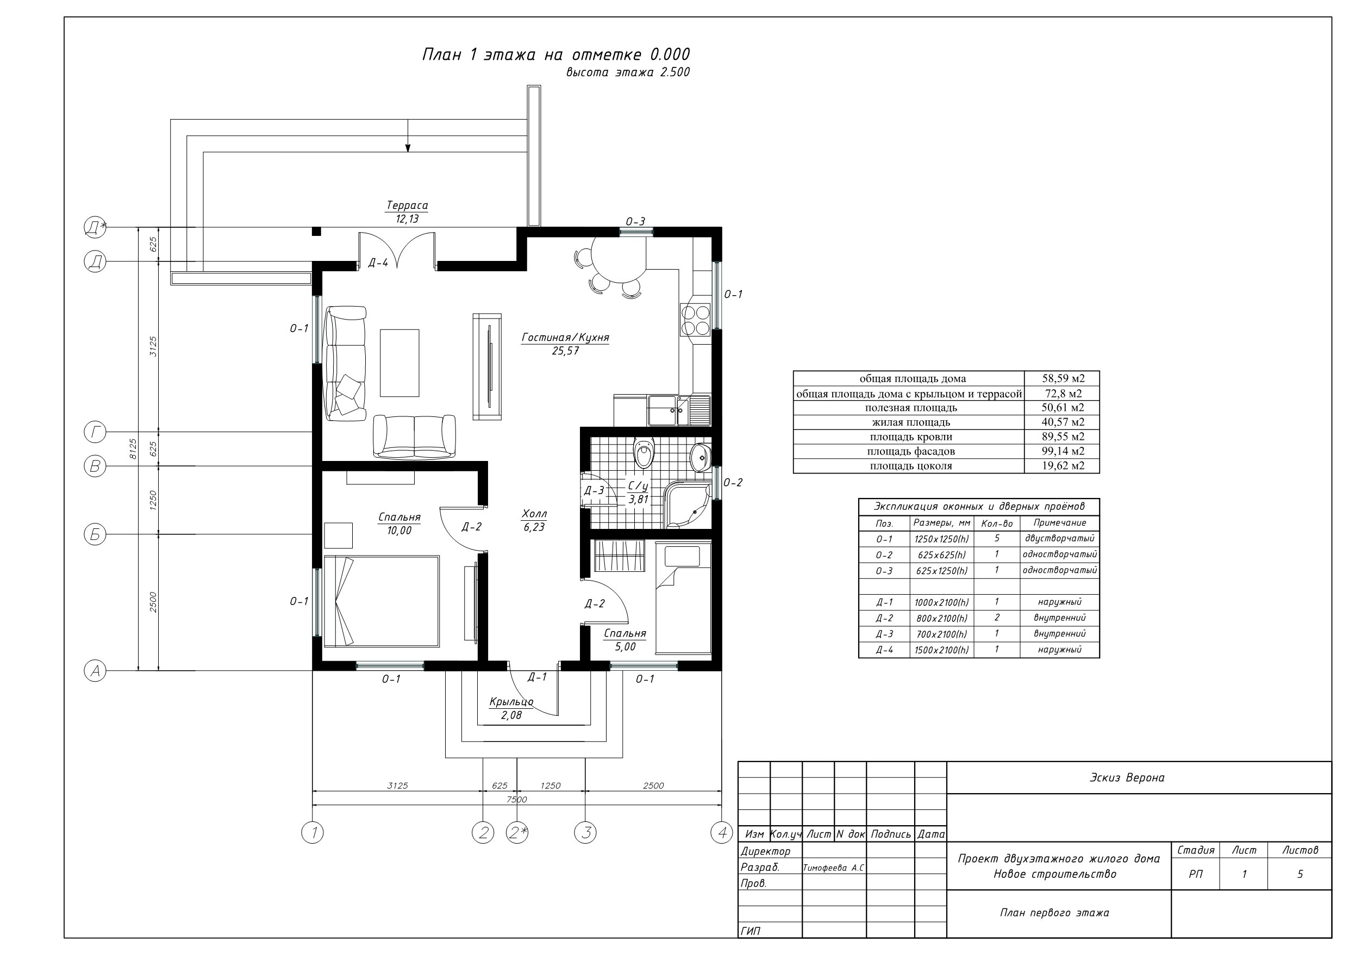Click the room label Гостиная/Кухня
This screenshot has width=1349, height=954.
coord(565,338)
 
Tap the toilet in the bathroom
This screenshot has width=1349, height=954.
coord(644,453)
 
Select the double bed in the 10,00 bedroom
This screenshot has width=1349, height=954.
coord(382,601)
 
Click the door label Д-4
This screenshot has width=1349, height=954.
coord(378,263)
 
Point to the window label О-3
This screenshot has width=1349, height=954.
coord(635,222)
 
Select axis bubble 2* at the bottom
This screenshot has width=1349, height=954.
coord(517,832)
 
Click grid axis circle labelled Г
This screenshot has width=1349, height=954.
coord(95,433)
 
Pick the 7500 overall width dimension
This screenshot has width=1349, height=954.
coord(516,800)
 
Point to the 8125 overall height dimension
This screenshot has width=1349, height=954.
coord(133,448)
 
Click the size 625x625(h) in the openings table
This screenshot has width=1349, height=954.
coord(941,555)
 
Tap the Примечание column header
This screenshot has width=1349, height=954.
coord(1060,522)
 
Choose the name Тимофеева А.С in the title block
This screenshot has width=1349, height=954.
coord(834,868)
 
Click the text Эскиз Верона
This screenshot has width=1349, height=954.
coord(1127,778)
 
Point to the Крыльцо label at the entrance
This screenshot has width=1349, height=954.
coord(511,702)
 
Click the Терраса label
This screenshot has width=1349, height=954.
coord(407,205)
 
